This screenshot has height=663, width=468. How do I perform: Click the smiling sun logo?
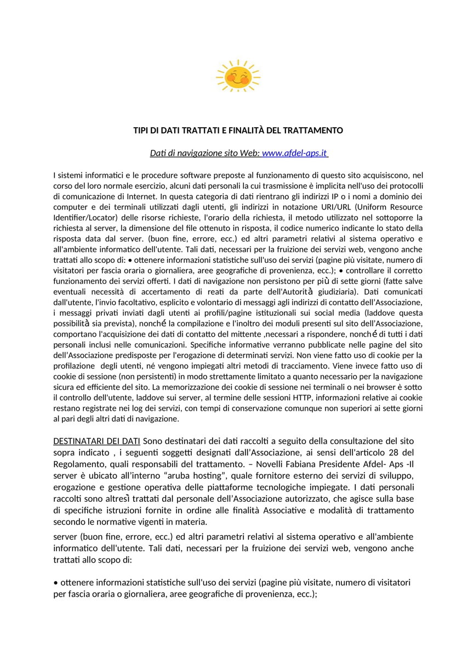pos(238,76)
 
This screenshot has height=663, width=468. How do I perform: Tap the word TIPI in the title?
pos(142,131)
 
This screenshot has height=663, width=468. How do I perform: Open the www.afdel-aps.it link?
pos(294,153)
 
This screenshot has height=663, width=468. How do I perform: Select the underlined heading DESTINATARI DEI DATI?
pos(96,441)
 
